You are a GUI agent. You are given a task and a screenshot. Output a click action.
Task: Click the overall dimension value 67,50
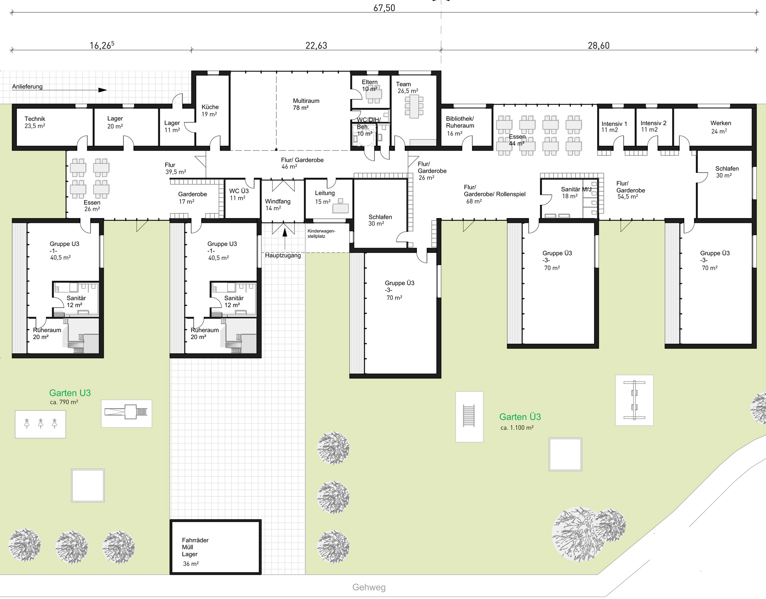[384, 8]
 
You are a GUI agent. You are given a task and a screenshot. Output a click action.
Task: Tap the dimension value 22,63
[316, 46]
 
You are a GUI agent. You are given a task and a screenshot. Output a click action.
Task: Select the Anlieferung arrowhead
[103, 90]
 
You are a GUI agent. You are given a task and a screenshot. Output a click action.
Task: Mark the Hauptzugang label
[283, 255]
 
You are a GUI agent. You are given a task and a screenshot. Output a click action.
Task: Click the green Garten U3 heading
[70, 393]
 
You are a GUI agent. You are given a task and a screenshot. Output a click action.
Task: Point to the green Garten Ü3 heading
[520, 417]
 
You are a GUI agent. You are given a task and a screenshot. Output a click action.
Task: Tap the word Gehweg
[369, 587]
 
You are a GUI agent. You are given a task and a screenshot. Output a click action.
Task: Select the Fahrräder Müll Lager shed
[215, 547]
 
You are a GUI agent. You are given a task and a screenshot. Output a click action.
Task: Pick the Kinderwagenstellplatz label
[321, 234]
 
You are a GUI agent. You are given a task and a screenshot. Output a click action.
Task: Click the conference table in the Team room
[414, 106]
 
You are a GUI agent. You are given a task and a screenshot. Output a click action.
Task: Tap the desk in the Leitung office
[340, 208]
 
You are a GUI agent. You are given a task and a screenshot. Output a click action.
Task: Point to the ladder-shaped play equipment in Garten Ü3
[469, 416]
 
